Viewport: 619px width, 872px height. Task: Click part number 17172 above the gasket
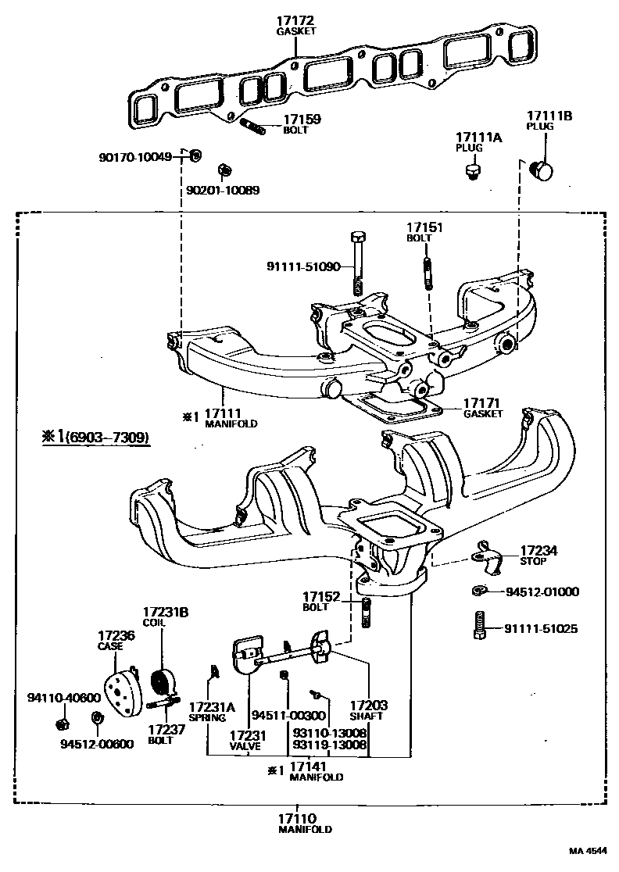click(x=296, y=21)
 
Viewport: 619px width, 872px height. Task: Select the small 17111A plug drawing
click(x=473, y=171)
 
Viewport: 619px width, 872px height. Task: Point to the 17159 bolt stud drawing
click(x=253, y=127)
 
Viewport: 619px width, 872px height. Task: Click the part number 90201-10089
click(x=223, y=190)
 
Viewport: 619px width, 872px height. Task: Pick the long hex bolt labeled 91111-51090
click(x=358, y=263)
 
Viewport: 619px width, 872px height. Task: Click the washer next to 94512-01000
click(x=478, y=591)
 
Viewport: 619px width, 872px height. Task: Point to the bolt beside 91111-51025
click(x=479, y=625)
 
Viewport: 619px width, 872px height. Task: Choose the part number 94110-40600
click(x=64, y=698)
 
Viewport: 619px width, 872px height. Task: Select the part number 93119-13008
click(x=330, y=744)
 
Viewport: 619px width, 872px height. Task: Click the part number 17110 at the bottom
click(x=297, y=819)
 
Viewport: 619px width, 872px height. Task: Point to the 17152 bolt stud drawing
click(x=366, y=613)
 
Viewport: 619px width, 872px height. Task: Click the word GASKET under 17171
click(x=483, y=414)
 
